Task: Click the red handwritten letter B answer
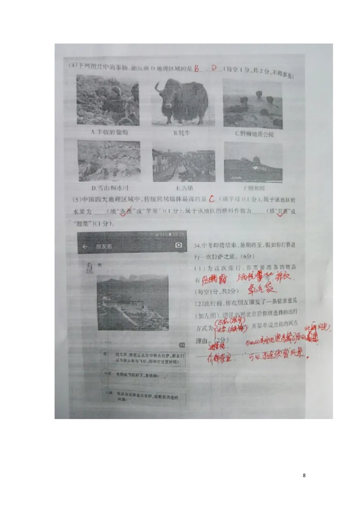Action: pos(197,69)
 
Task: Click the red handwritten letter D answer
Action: pos(214,68)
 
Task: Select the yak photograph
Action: pos(182,102)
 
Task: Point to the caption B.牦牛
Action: pos(182,133)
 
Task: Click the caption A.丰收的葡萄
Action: pos(108,133)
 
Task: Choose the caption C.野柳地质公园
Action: pos(254,134)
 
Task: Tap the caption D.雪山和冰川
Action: pos(107,188)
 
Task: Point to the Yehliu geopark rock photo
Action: pos(252,104)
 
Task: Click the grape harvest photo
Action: pos(108,100)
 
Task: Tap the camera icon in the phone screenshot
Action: pos(179,245)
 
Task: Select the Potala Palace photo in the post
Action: pos(133,303)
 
